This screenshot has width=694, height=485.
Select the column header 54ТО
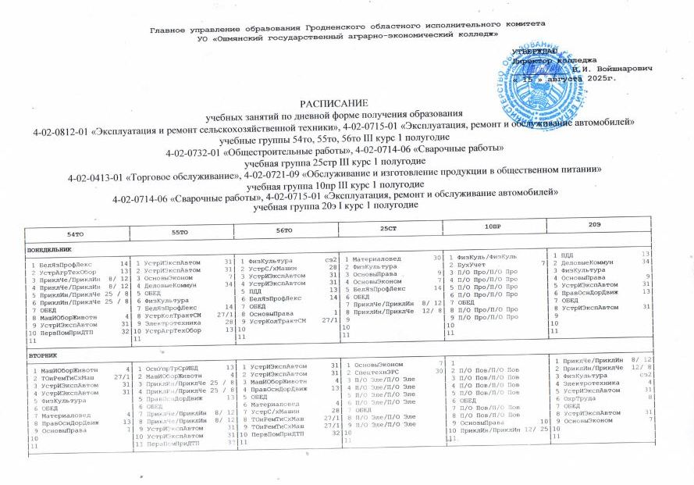click(76, 233)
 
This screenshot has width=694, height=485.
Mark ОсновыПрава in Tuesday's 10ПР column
click(482, 423)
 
